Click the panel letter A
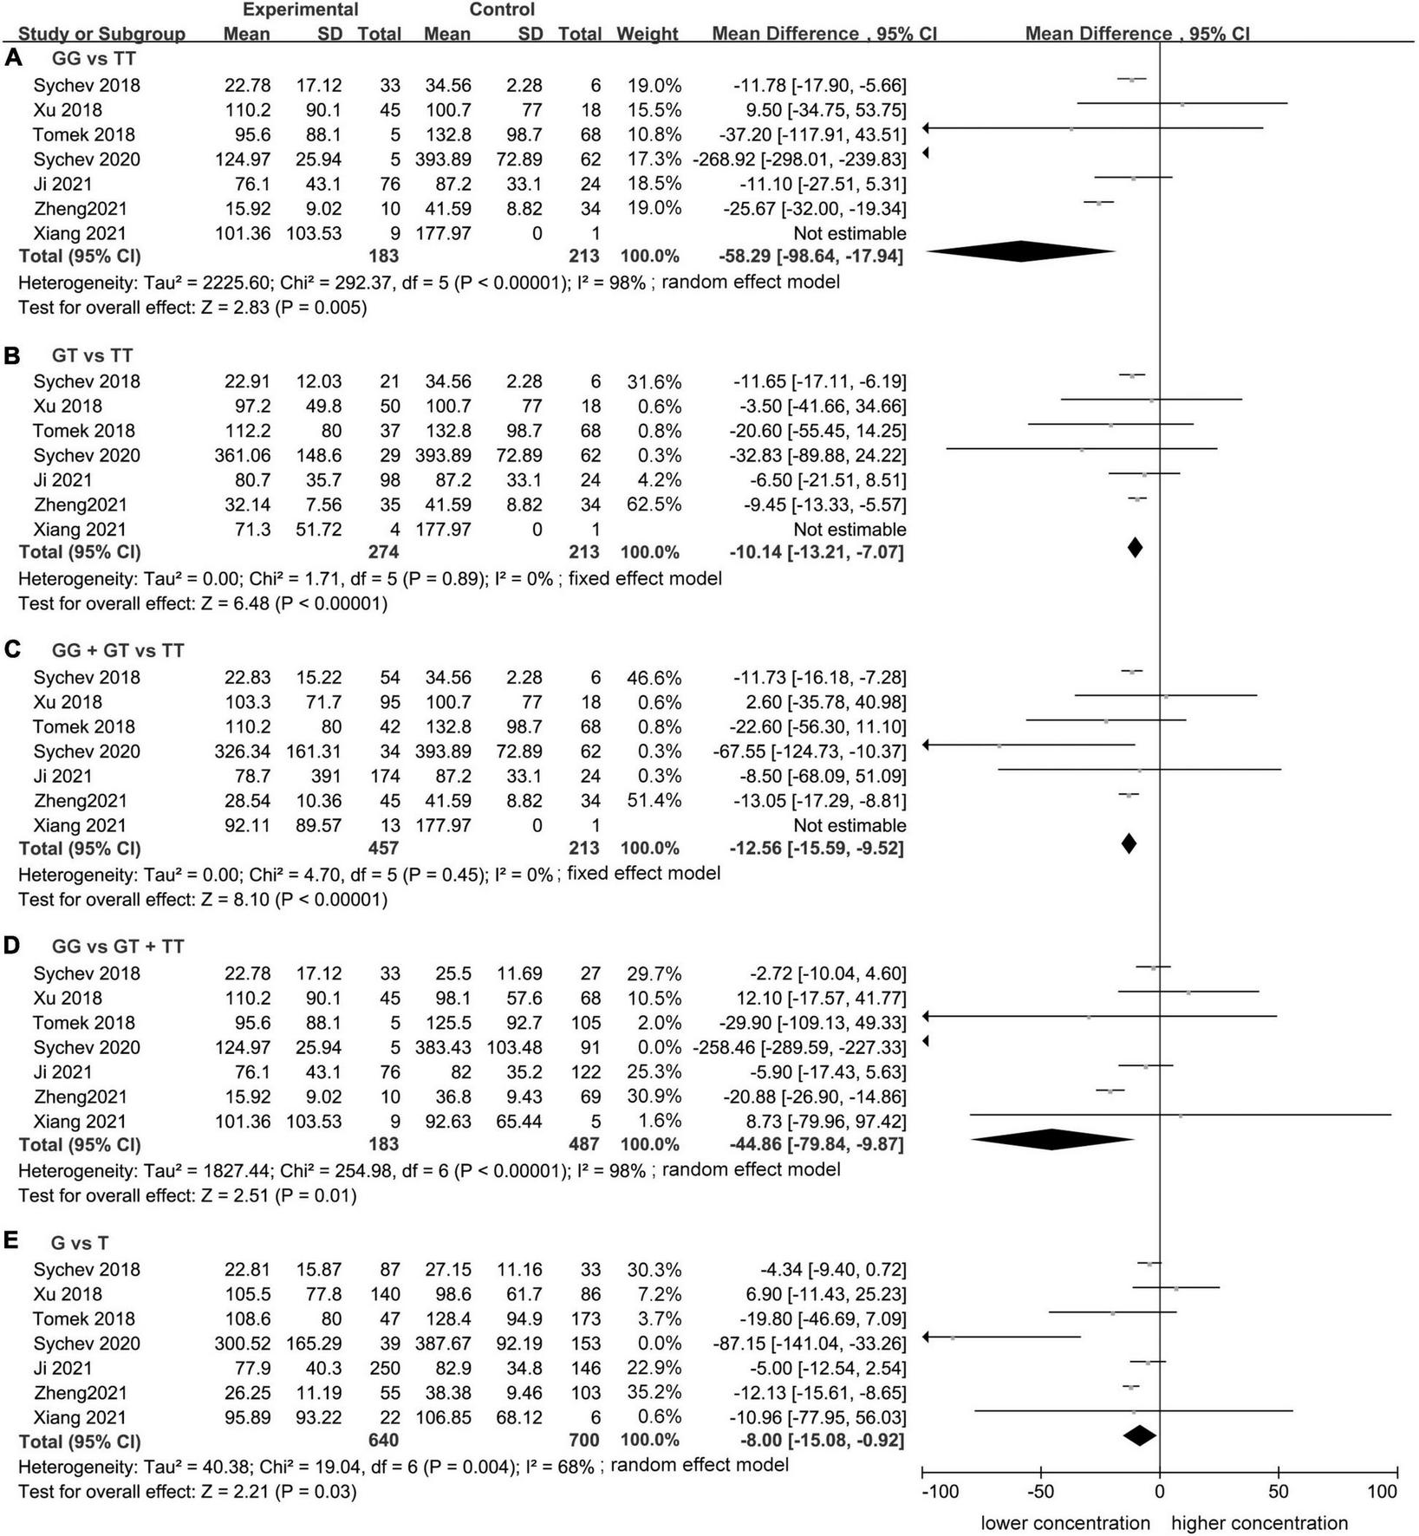(13, 59)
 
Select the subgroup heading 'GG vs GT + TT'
(117, 946)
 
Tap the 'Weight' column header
(647, 34)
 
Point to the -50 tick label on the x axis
(1040, 1492)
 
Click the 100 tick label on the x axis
(1383, 1492)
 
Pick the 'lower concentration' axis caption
(1065, 1523)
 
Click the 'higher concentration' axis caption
(1260, 1523)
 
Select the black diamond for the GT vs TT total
(1135, 548)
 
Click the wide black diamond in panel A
(1020, 251)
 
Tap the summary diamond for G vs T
(1140, 1435)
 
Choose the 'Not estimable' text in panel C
(849, 825)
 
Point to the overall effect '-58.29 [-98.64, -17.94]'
(810, 257)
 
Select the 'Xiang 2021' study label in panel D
(80, 1121)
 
